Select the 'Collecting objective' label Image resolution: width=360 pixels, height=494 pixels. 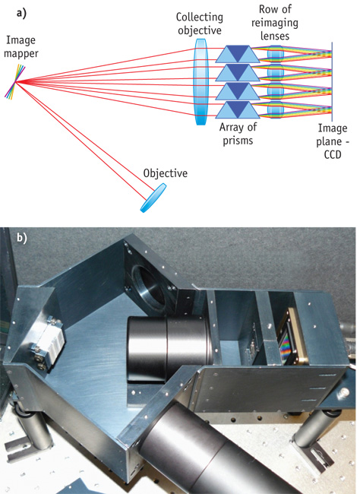coord(200,24)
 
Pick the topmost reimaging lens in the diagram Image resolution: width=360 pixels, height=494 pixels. coord(275,54)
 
